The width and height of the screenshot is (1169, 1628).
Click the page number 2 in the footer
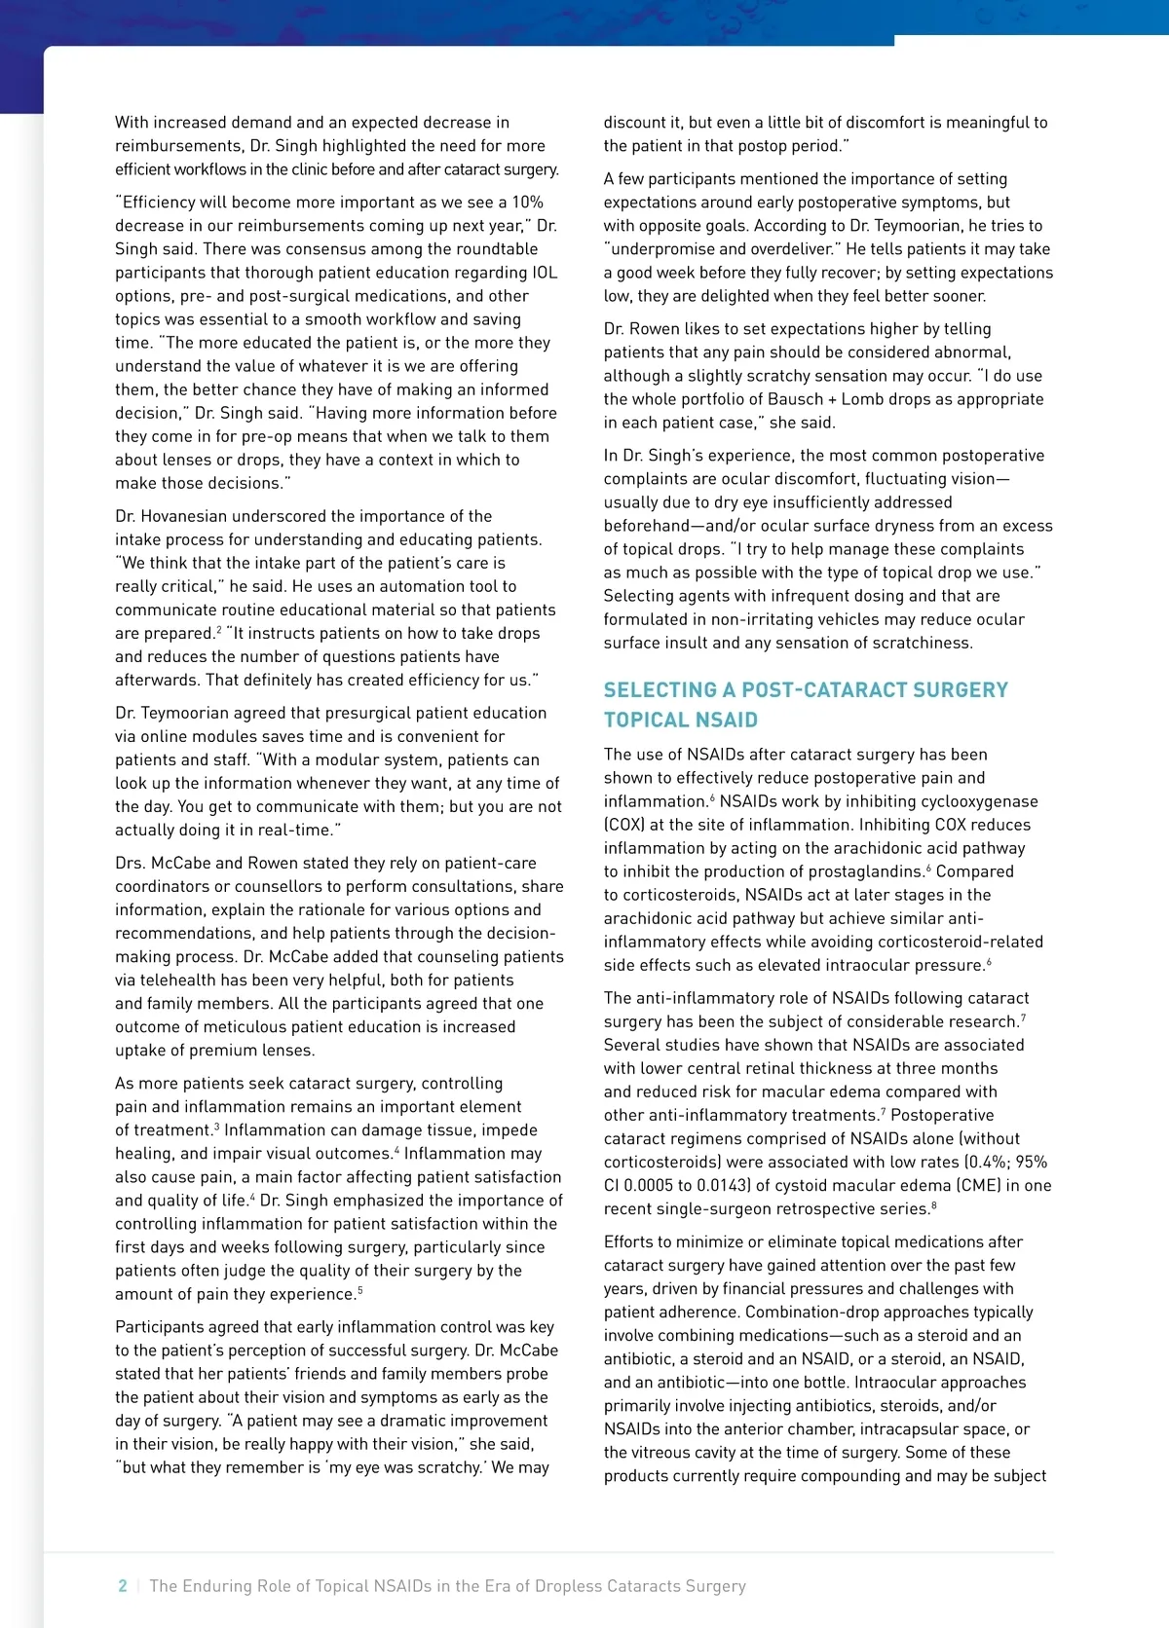(123, 1586)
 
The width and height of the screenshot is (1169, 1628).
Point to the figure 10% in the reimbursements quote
(527, 203)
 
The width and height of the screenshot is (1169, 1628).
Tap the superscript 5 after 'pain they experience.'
(360, 1291)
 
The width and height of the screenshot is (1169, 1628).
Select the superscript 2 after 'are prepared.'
(219, 631)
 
